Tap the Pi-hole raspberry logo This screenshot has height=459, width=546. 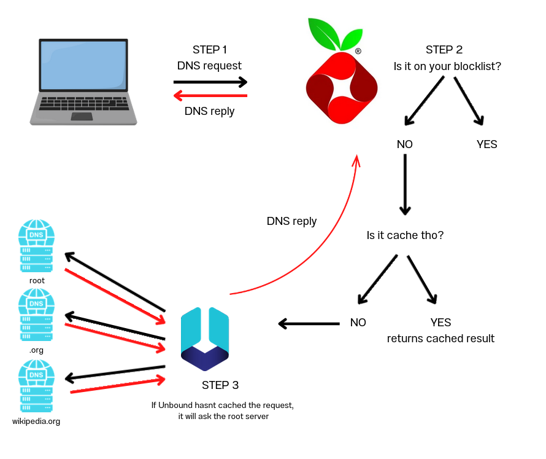340,80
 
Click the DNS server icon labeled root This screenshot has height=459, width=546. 37,246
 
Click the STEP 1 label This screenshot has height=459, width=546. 209,50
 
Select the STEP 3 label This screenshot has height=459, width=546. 220,385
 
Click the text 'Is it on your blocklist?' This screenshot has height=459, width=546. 447,66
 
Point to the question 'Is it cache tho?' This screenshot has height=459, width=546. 405,235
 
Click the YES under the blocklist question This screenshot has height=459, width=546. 486,144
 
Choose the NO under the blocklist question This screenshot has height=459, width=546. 405,144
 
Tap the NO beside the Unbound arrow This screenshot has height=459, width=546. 358,322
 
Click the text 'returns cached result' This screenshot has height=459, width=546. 440,338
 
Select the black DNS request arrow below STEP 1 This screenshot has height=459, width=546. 210,82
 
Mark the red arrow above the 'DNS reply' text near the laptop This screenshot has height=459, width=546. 210,95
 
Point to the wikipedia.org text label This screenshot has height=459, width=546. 36,422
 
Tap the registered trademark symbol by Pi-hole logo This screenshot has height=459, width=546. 358,52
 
